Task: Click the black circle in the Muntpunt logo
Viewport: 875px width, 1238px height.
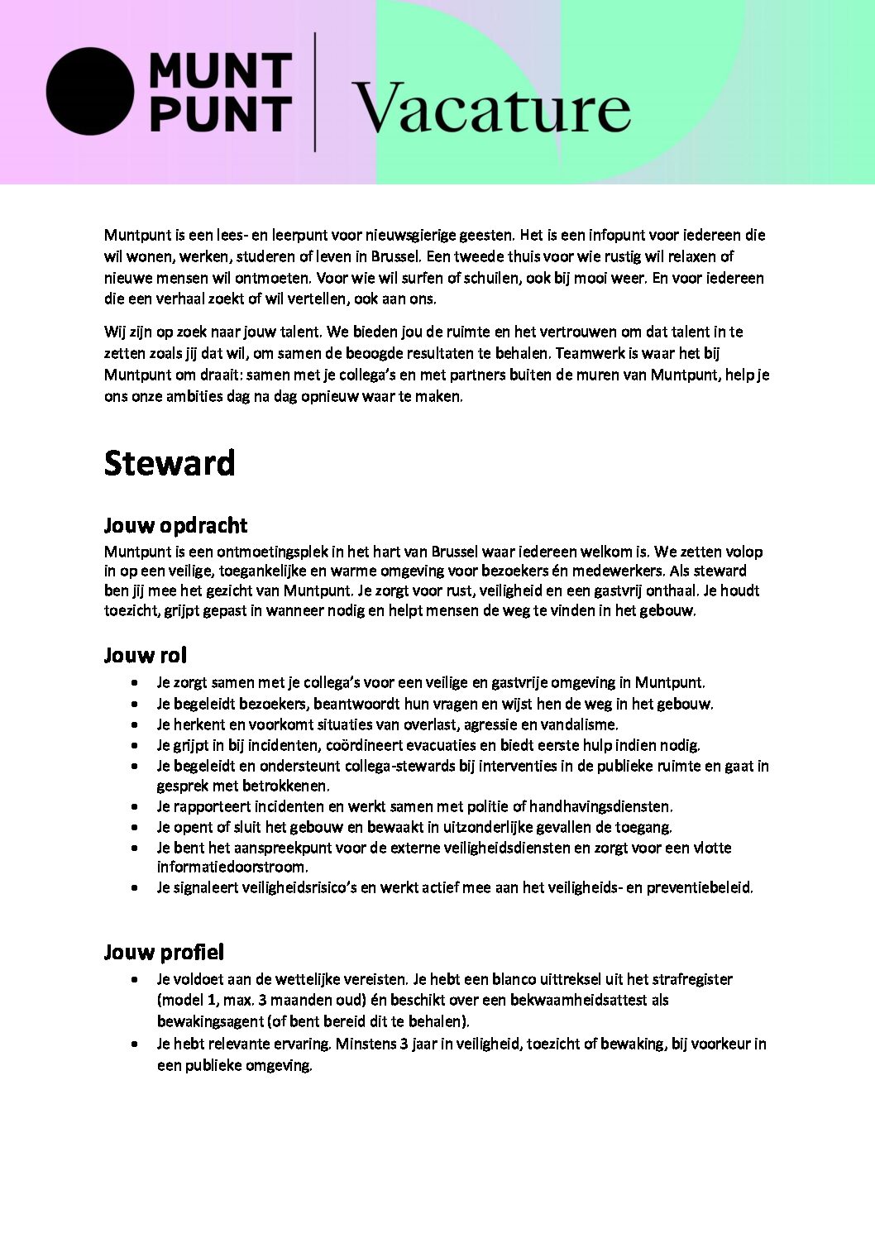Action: point(89,91)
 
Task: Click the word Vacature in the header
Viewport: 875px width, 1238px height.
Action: point(491,108)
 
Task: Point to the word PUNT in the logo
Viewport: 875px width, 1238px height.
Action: point(220,114)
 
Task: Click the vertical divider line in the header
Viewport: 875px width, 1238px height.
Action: point(315,91)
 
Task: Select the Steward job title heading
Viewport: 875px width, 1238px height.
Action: point(170,463)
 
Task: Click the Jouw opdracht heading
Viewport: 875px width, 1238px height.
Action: point(175,525)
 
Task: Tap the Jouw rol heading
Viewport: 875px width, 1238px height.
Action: point(146,655)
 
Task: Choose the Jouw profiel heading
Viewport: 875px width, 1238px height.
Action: point(164,952)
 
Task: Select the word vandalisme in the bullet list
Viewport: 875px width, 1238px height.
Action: point(581,724)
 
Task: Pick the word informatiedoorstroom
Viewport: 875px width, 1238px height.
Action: point(232,868)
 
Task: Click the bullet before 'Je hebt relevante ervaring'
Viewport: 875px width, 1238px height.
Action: point(134,1044)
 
